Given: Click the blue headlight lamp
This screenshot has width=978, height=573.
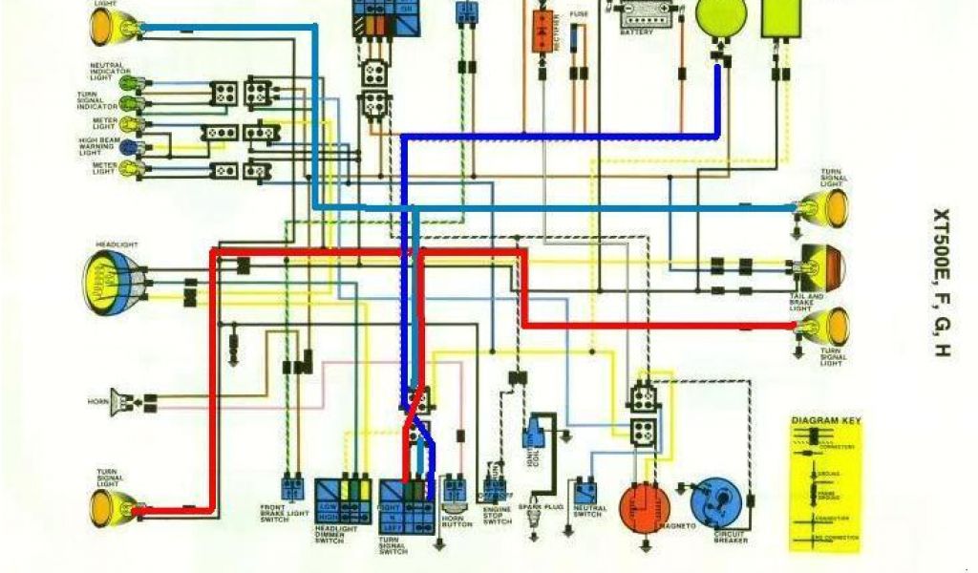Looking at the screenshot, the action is pos(114,281).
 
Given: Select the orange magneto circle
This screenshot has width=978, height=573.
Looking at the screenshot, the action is pos(645,507).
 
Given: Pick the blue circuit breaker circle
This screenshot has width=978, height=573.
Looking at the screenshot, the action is pos(717,504).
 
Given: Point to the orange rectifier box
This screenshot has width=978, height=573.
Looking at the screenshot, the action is pos(543,29).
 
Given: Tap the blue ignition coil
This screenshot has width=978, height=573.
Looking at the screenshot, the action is pos(533,433).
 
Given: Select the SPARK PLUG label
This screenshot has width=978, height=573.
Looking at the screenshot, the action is pos(535,507).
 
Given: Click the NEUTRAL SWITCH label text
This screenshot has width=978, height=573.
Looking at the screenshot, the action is pos(587,511).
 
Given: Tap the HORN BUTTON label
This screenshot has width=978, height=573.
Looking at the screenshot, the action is pos(457,521).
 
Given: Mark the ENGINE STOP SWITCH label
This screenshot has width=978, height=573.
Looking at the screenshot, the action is pos(497,516).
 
